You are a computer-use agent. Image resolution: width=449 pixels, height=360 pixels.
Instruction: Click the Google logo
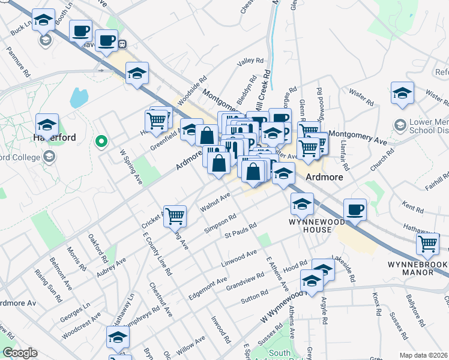pyautogui.click(x=19, y=353)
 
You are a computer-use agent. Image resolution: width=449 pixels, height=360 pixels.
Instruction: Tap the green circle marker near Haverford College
pyautogui.click(x=101, y=142)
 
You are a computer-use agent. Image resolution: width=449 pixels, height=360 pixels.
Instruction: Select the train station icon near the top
pyautogui.click(x=122, y=44)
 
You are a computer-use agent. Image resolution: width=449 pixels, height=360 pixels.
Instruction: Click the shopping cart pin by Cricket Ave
pyautogui.click(x=175, y=216)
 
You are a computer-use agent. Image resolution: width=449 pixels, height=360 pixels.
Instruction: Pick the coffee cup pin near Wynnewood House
pyautogui.click(x=355, y=211)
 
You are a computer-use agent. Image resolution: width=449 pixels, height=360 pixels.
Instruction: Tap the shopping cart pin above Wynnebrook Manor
pyautogui.click(x=428, y=245)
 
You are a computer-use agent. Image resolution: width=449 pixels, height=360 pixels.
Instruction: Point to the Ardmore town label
pyautogui.click(x=324, y=178)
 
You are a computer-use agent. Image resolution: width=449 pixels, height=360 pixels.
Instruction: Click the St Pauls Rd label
pyautogui.click(x=240, y=227)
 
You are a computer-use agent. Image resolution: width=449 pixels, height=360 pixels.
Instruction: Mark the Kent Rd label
pyautogui.click(x=414, y=207)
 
